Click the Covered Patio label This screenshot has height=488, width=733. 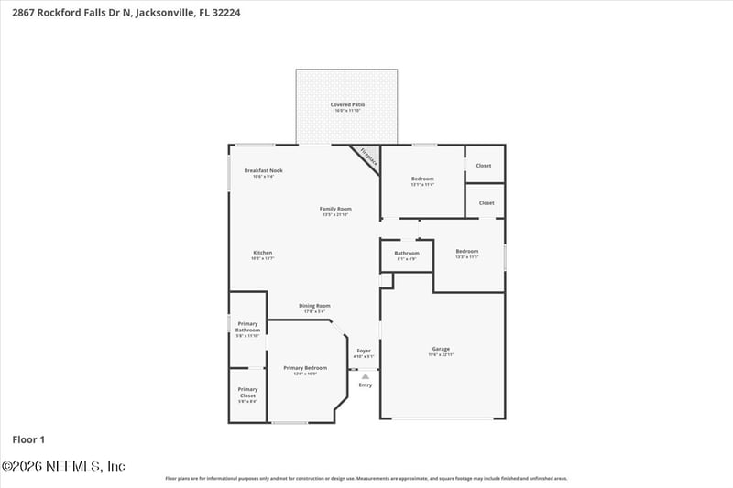[347, 105]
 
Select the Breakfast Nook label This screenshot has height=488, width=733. [263, 171]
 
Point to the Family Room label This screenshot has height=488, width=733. [335, 209]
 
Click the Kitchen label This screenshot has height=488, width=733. [263, 253]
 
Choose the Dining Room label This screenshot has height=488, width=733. [314, 306]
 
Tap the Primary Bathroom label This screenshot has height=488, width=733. [247, 327]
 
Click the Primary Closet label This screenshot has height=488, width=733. [247, 392]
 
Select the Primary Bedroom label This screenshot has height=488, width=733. [304, 368]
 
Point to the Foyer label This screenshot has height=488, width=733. [364, 350]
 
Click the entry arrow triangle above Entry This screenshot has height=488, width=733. [365, 375]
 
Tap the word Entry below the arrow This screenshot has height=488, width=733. [365, 385]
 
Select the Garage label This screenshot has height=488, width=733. [441, 349]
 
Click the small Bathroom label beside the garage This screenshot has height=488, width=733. [407, 253]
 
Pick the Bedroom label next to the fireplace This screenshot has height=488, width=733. [422, 179]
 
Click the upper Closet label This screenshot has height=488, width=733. [484, 166]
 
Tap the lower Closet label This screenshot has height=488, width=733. [487, 202]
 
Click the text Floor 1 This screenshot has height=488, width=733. [28, 439]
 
